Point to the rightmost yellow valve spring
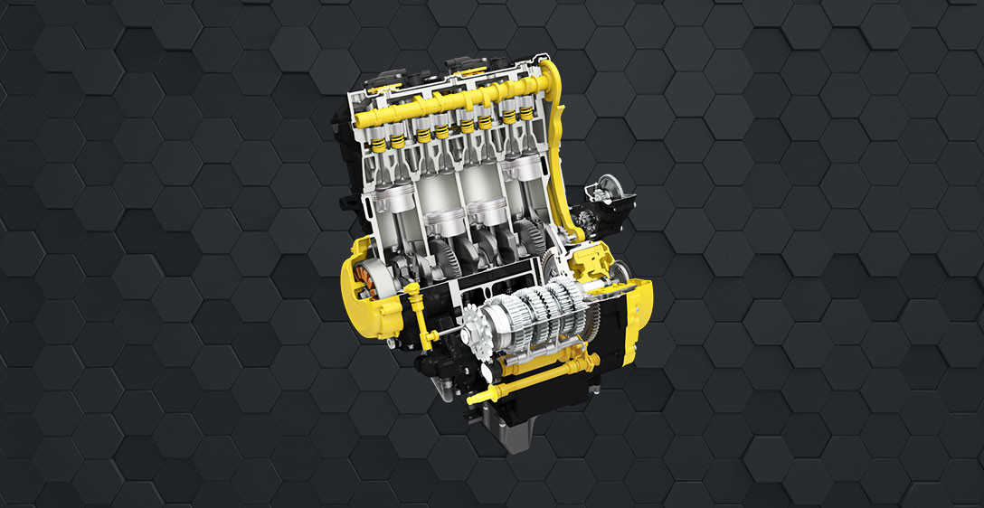pos(525,113)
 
